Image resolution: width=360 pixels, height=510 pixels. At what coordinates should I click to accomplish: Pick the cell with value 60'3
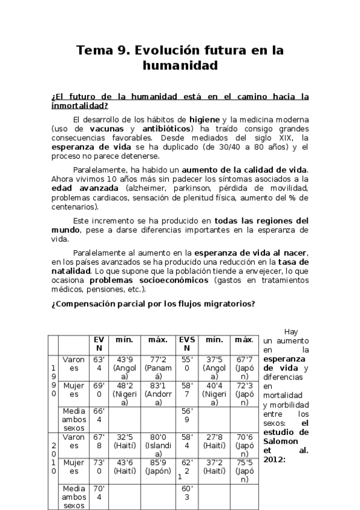pyautogui.click(x=187, y=493)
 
